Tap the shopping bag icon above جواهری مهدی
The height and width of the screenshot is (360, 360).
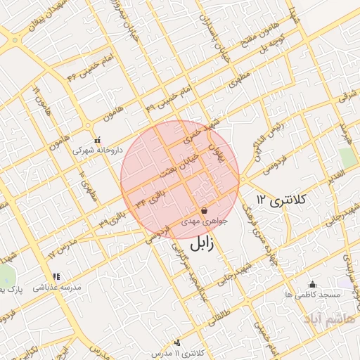[x=204, y=210]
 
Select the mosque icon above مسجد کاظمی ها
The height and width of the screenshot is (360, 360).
[x=312, y=284]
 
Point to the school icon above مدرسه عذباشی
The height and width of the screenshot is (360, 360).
[x=56, y=277]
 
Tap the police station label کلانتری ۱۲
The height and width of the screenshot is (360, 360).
[x=283, y=200]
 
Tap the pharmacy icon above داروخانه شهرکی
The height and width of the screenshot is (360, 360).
[x=96, y=139]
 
